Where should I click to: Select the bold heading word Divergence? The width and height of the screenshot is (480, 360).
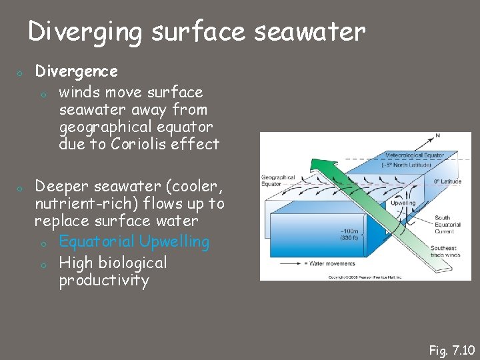pos(76,71)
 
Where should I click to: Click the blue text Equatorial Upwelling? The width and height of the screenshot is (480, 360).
pos(134,241)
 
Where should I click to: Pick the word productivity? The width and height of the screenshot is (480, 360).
pos(103,280)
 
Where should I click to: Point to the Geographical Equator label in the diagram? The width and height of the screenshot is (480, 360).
pos(278,181)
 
